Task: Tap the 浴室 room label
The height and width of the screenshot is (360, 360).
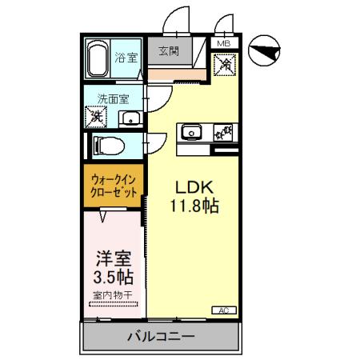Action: click(126, 58)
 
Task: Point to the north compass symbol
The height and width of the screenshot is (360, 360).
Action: click(265, 53)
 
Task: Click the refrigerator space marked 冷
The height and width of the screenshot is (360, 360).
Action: click(226, 63)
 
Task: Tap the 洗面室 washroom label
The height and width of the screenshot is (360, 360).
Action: click(114, 100)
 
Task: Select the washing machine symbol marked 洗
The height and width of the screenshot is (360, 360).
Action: click(95, 116)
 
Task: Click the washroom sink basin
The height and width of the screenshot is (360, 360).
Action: click(130, 119)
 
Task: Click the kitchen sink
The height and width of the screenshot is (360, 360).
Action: click(192, 133)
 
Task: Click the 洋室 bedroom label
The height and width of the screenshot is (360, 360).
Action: click(111, 258)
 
